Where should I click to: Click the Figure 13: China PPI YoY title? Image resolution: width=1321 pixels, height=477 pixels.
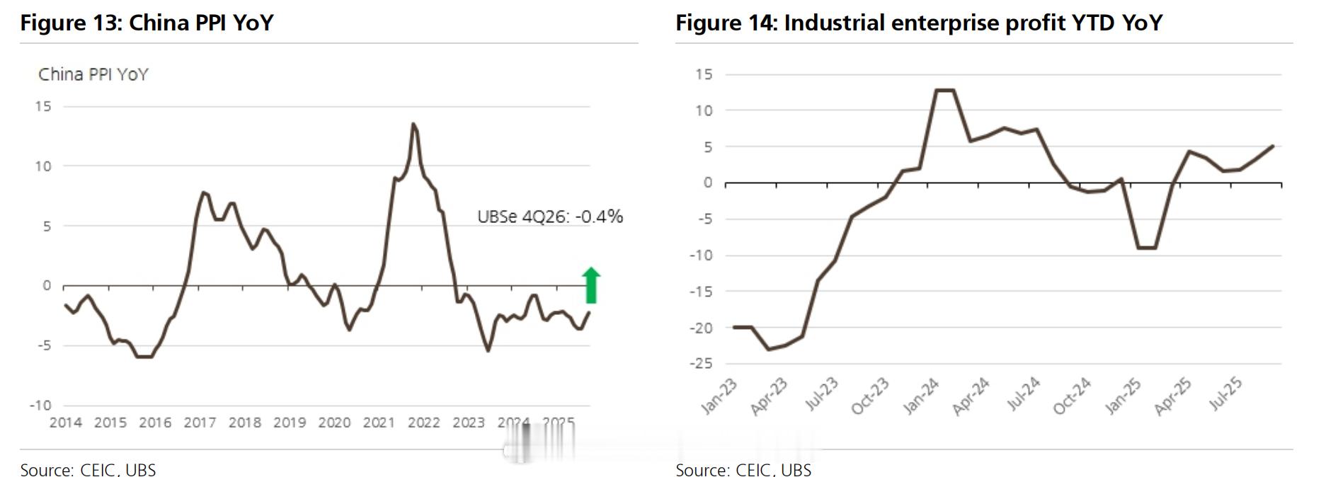pos(147,23)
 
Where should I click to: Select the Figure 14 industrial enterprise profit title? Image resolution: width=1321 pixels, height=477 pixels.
pos(918,23)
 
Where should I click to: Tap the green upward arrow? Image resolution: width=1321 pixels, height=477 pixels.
pos(591,285)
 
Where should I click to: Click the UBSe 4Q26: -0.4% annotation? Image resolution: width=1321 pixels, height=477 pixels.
pos(550,217)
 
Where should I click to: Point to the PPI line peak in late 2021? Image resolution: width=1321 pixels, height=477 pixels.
pos(413,125)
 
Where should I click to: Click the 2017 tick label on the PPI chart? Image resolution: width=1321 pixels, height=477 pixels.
pos(200,423)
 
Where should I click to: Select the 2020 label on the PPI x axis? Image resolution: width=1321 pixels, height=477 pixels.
pos(334,423)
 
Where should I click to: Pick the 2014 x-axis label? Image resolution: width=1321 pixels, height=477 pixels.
pos(65,423)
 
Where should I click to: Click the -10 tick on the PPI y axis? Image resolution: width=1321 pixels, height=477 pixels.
pos(40,406)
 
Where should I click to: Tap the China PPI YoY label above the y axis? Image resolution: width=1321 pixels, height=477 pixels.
pos(93,74)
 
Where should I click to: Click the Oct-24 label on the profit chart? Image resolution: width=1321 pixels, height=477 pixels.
pos(1073,396)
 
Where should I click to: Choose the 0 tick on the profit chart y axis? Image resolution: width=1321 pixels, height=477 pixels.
pos(707,183)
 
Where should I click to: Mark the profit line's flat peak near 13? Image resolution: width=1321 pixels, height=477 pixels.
pos(944,90)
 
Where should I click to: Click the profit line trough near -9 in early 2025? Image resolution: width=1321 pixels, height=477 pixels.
pos(1146,248)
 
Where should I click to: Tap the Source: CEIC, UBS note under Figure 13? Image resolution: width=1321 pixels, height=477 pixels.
pos(88,470)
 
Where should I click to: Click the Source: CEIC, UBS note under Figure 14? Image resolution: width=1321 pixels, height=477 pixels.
pos(743,470)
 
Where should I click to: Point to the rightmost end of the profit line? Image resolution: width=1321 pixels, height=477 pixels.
pos(1273,146)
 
